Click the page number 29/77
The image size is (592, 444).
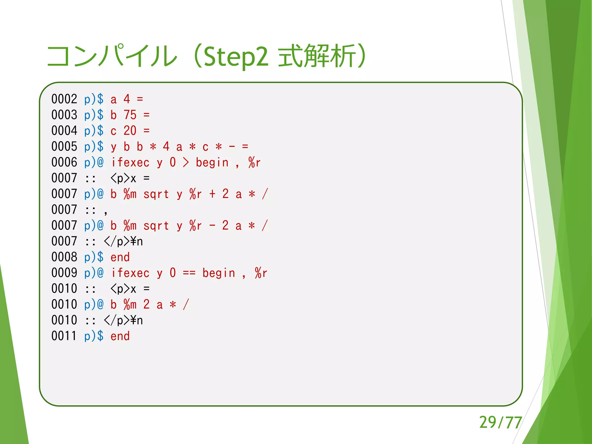[500, 423]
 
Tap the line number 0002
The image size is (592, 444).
[64, 99]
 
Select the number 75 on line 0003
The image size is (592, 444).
[130, 115]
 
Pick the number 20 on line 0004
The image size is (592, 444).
[130, 131]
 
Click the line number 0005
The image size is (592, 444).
[64, 147]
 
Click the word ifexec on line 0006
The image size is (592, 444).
[130, 162]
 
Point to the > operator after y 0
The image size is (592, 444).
[186, 162]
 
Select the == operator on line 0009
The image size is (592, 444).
[189, 273]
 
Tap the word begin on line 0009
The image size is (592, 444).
[219, 273]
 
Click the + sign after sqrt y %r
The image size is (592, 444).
[212, 194]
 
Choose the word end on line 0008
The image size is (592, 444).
[120, 257]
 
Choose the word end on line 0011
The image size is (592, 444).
[120, 336]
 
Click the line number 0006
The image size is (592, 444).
[64, 162]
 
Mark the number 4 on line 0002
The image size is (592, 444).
[127, 99]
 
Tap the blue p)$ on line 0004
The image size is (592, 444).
[94, 131]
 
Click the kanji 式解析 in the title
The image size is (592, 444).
[317, 56]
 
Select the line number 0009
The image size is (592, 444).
[64, 273]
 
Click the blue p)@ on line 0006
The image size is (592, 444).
[94, 162]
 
